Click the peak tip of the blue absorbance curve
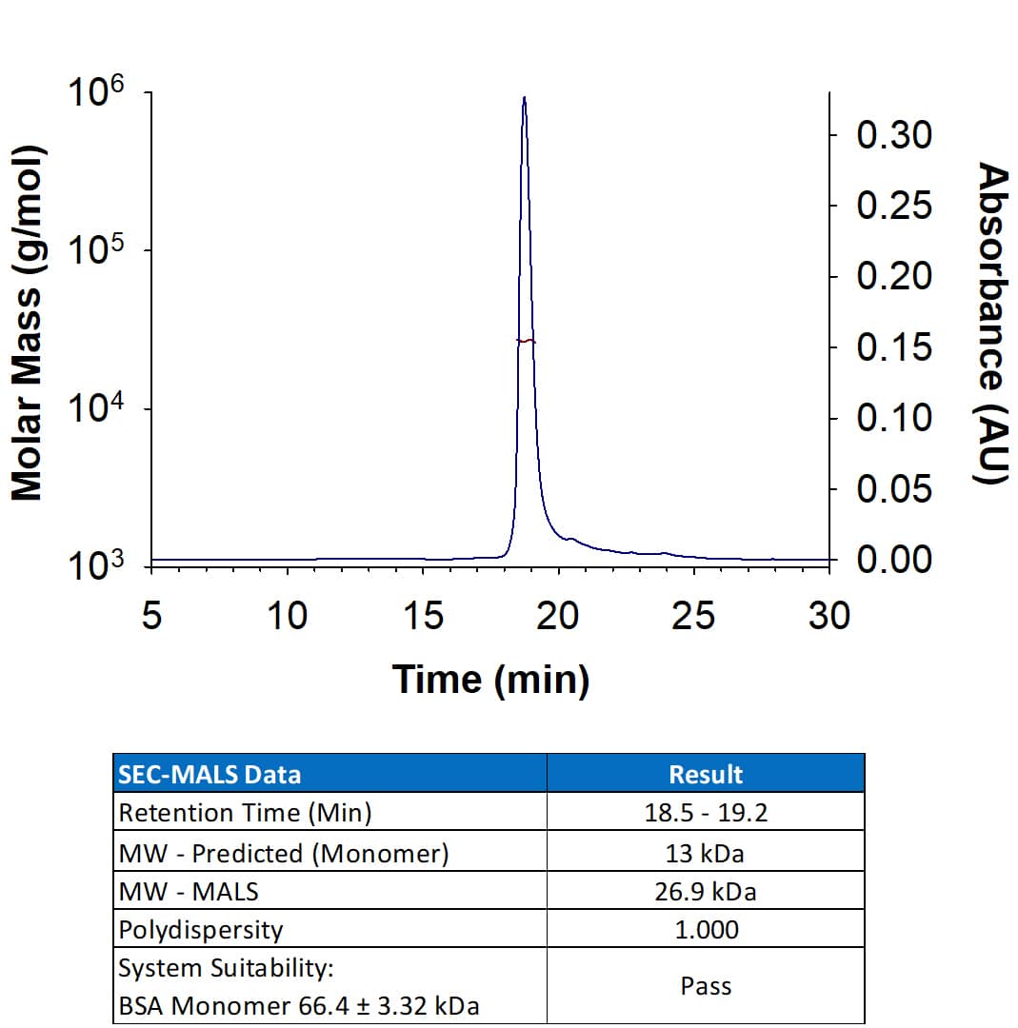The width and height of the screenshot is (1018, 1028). pyautogui.click(x=524, y=98)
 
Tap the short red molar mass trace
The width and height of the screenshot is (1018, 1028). pyautogui.click(x=526, y=341)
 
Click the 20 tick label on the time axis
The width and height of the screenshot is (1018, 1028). pyautogui.click(x=557, y=617)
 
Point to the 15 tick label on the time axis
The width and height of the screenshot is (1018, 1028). pyautogui.click(x=422, y=617)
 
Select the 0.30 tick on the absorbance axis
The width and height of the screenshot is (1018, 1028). pyautogui.click(x=893, y=135)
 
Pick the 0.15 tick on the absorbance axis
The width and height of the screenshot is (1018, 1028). pyautogui.click(x=893, y=347)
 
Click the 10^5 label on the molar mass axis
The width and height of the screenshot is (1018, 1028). pyautogui.click(x=94, y=251)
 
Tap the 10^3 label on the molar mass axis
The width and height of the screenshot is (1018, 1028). pyautogui.click(x=94, y=567)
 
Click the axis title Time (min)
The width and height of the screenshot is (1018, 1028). pyautogui.click(x=490, y=680)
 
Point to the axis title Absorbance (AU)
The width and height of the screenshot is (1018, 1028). pyautogui.click(x=993, y=324)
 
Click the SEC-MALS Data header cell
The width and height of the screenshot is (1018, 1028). pyautogui.click(x=210, y=774)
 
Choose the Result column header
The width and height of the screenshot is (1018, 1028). pyautogui.click(x=706, y=774)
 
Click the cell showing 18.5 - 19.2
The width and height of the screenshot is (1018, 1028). pyautogui.click(x=706, y=813)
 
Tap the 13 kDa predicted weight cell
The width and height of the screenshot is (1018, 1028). pyautogui.click(x=706, y=852)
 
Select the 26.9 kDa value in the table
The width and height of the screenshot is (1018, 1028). pyautogui.click(x=706, y=891)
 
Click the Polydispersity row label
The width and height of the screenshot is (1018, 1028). pyautogui.click(x=200, y=929)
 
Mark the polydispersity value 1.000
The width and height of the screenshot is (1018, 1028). pyautogui.click(x=706, y=929)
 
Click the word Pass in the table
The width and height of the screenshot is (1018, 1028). pyautogui.click(x=706, y=986)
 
